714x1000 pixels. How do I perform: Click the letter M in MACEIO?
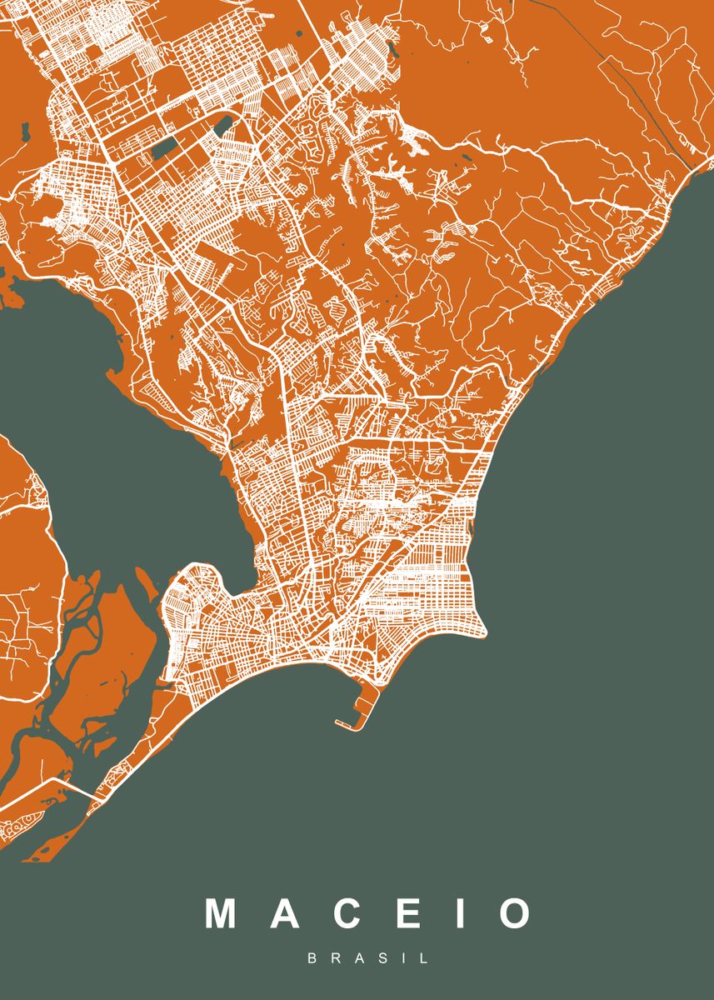click(x=222, y=913)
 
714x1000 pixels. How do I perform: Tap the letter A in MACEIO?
click(x=285, y=913)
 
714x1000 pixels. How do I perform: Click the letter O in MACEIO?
click(x=515, y=913)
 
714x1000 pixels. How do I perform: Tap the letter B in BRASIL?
click(x=312, y=959)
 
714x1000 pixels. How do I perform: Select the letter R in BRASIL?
click(x=335, y=959)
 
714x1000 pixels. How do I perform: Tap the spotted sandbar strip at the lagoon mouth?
click(x=21, y=825)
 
